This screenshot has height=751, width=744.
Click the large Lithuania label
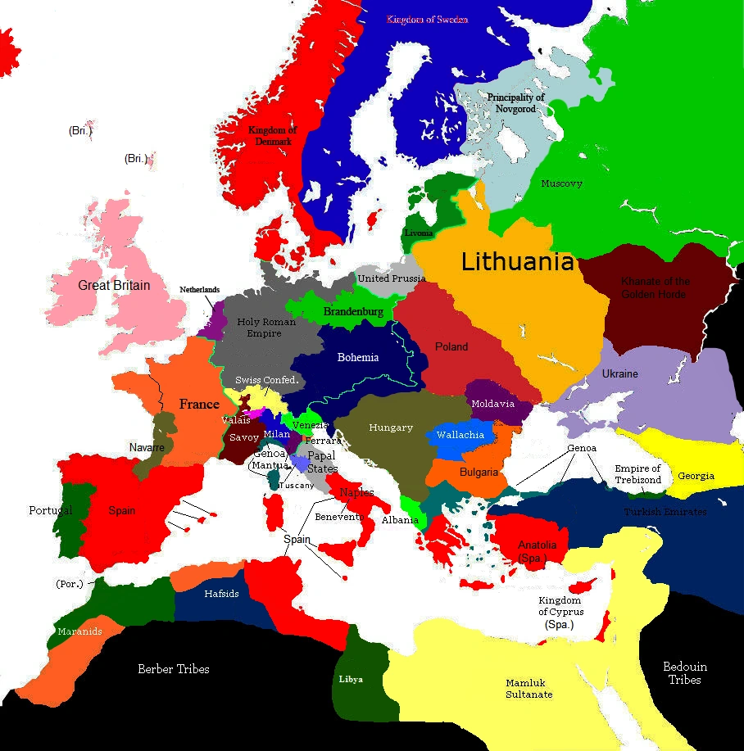[517, 262]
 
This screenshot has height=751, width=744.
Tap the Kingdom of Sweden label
[427, 19]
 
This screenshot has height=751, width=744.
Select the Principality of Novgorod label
[516, 103]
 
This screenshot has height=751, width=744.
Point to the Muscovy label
[561, 183]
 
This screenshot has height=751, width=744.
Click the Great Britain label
[114, 285]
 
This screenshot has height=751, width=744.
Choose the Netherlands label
[200, 290]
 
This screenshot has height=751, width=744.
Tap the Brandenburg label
[352, 312]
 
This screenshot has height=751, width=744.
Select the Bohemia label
[358, 357]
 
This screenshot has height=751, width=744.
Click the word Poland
[451, 346]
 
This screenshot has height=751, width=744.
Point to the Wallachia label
[460, 435]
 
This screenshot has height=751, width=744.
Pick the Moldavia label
[492, 404]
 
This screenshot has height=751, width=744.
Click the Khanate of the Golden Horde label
[656, 287]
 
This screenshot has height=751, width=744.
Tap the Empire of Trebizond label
[637, 474]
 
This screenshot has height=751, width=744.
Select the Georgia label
[696, 476]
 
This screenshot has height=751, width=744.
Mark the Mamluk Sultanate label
[529, 688]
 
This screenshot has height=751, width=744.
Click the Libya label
[351, 679]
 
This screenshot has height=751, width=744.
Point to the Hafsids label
[221, 593]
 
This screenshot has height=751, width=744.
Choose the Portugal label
[51, 510]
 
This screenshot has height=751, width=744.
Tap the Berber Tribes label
[174, 669]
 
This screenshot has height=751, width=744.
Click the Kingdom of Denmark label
[272, 135]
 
